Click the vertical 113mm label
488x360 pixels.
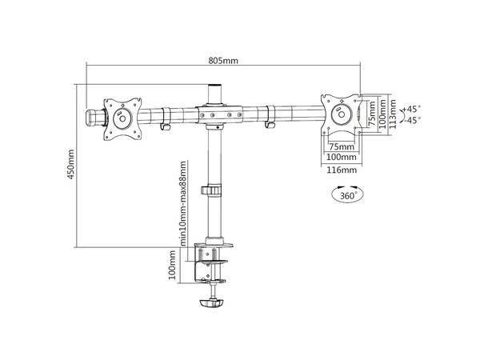393,113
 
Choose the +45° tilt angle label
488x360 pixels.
413,107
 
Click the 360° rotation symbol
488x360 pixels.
345,194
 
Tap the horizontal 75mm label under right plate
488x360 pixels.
342,147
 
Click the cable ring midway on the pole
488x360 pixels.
214,192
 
